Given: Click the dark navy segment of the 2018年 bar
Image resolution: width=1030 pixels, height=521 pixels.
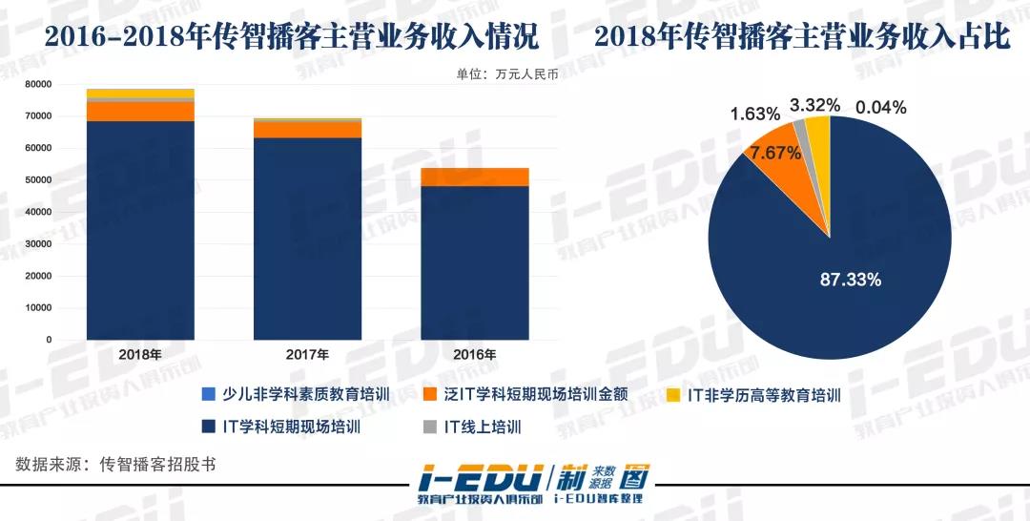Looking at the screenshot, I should pyautogui.click(x=140, y=229).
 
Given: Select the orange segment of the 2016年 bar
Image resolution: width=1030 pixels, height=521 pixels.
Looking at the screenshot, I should pyautogui.click(x=474, y=177).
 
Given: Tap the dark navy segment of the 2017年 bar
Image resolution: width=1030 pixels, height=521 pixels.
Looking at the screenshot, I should pyautogui.click(x=307, y=239).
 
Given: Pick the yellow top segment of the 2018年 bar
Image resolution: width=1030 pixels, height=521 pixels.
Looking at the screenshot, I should pyautogui.click(x=140, y=93).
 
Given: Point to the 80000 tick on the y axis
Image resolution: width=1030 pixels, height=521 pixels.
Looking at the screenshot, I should pyautogui.click(x=37, y=84).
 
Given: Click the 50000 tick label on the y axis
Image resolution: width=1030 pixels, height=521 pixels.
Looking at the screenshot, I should pyautogui.click(x=37, y=180).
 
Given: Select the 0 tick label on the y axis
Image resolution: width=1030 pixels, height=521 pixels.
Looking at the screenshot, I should pyautogui.click(x=48, y=340).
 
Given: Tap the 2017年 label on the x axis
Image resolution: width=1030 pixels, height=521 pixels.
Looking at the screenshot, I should pyautogui.click(x=307, y=354).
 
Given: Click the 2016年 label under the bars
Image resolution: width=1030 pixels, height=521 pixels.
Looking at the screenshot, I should pyautogui.click(x=474, y=354).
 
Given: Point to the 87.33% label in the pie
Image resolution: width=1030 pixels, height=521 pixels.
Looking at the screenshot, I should pyautogui.click(x=851, y=280).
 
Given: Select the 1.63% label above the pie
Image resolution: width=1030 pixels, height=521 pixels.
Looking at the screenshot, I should pyautogui.click(x=759, y=115).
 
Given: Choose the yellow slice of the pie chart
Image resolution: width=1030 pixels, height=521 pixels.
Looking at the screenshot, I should pyautogui.click(x=818, y=129).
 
